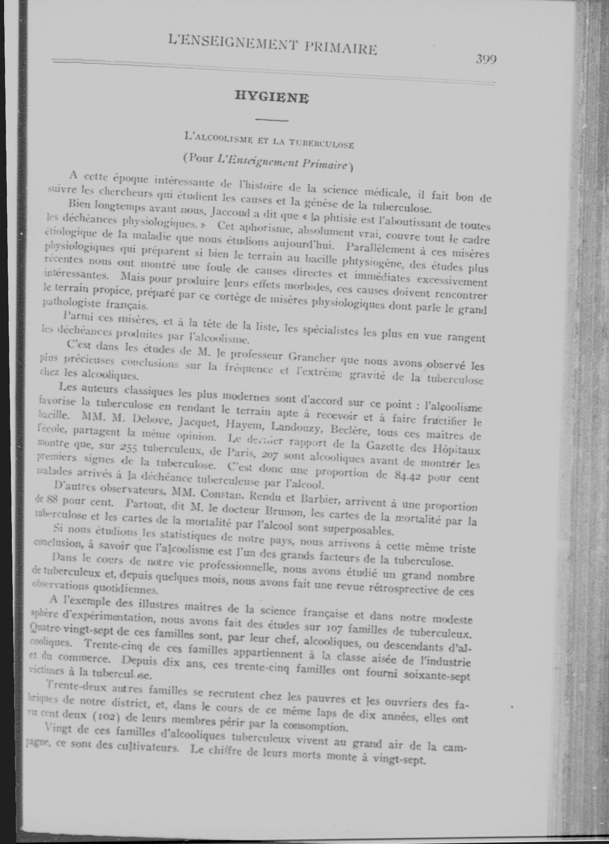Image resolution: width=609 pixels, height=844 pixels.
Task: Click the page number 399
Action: click(486, 60)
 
